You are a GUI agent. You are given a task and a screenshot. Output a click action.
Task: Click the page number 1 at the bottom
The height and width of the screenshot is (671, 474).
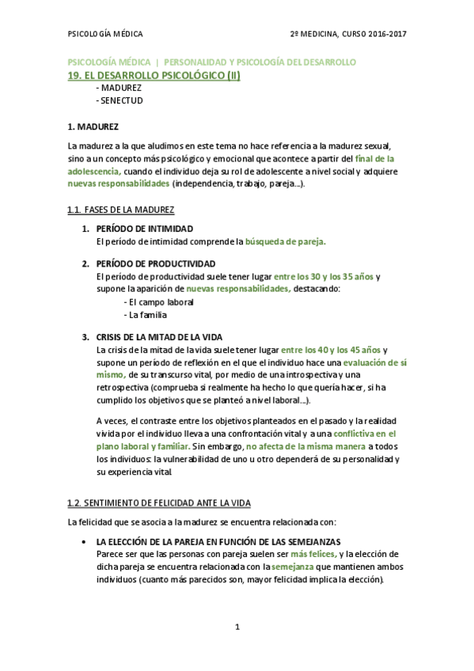pyautogui.click(x=237, y=627)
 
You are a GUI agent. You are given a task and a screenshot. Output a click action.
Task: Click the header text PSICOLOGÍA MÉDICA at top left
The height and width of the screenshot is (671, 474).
pyautogui.click(x=105, y=34)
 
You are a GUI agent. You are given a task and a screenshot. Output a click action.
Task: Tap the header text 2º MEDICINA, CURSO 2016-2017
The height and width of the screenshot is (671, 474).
pyautogui.click(x=347, y=34)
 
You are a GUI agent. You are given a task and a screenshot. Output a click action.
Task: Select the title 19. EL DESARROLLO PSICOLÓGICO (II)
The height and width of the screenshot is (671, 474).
pyautogui.click(x=154, y=75)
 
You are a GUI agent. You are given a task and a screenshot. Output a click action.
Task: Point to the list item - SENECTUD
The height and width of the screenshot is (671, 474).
pyautogui.click(x=119, y=101)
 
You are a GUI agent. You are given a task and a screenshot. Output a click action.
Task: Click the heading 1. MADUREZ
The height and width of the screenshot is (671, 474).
pyautogui.click(x=93, y=127)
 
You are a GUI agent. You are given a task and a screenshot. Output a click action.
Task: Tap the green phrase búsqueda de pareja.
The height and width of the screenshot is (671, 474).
pyautogui.click(x=285, y=241)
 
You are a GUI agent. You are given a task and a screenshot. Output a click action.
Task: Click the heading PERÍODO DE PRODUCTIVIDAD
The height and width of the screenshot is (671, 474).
pyautogui.click(x=155, y=263)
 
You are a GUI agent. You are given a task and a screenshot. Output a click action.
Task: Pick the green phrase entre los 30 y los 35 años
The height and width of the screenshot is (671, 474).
pyautogui.click(x=323, y=276)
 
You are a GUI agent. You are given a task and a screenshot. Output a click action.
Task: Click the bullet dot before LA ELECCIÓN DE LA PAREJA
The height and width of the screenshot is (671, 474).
pyautogui.click(x=84, y=541)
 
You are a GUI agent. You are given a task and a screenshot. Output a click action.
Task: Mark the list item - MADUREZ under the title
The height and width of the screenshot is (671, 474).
pyautogui.click(x=118, y=89)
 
